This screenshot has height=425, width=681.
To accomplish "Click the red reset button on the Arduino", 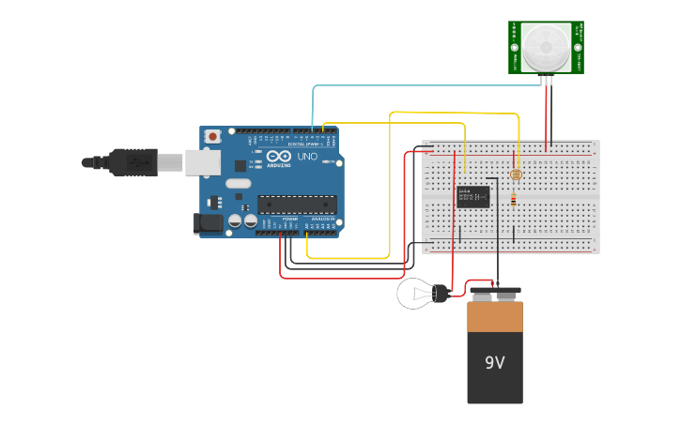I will tap(212, 136).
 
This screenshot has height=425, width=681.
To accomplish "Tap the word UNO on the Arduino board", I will tap(307, 157).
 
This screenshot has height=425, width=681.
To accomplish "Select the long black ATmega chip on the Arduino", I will tap(297, 204).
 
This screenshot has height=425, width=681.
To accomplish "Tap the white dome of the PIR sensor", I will tap(546, 47).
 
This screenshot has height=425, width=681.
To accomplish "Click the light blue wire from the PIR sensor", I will tap(423, 86).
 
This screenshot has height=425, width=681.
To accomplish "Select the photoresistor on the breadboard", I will tap(514, 175).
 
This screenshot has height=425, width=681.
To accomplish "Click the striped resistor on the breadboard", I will tap(514, 199).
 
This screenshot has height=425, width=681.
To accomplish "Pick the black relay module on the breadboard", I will tap(472, 196).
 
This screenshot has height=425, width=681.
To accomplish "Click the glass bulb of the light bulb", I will tap(413, 294).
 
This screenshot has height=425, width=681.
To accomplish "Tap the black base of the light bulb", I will tap(441, 294).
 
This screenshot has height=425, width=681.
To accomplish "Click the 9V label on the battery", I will tap(494, 362).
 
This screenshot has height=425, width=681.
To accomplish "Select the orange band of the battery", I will tap(495, 316).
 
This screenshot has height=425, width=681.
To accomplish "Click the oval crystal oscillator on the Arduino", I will tap(239, 185).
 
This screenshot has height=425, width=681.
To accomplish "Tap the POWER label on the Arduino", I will tap(291, 220).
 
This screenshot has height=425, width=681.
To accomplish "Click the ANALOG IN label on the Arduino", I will tap(323, 220).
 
